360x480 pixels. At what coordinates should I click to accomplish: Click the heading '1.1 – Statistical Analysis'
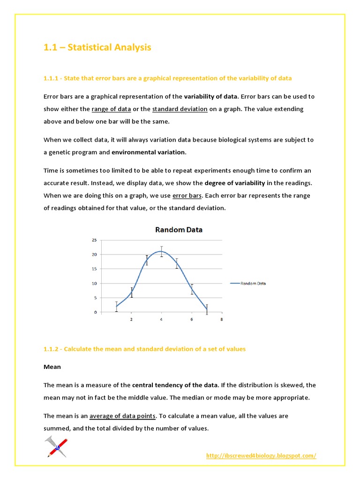tap(97, 47)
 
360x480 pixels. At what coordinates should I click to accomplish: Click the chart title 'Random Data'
tap(179, 230)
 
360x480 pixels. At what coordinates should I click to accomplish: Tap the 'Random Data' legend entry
tap(248, 283)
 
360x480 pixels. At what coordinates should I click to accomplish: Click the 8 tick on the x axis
tap(222, 320)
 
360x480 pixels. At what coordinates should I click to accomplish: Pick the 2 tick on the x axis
tap(131, 320)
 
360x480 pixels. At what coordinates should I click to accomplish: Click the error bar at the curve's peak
tap(162, 252)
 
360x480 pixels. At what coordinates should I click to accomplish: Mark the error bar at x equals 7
tap(207, 309)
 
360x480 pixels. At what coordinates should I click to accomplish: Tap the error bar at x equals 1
tap(116, 307)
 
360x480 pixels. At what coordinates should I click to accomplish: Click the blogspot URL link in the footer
tap(261, 456)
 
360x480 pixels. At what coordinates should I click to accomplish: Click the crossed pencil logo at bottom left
tap(56, 446)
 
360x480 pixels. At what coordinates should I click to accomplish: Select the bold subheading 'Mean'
tap(52, 367)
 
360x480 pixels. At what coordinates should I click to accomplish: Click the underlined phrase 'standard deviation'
tap(180, 109)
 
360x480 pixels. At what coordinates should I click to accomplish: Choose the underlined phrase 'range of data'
tap(111, 109)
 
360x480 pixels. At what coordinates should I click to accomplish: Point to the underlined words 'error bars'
tap(187, 195)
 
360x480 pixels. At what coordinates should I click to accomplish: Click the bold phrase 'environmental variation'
tap(149, 152)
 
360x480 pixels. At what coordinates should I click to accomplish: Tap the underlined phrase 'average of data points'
tap(122, 416)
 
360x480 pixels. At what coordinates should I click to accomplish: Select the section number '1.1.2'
tap(52, 349)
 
